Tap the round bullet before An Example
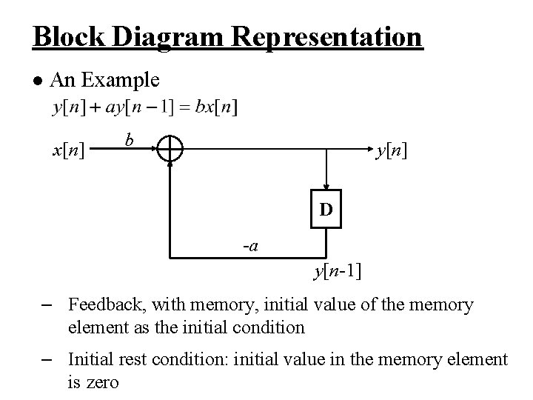click(x=38, y=80)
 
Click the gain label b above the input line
click(x=130, y=139)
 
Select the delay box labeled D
click(x=326, y=210)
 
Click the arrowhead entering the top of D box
click(x=326, y=188)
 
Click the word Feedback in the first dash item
click(x=101, y=304)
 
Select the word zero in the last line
click(x=102, y=382)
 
